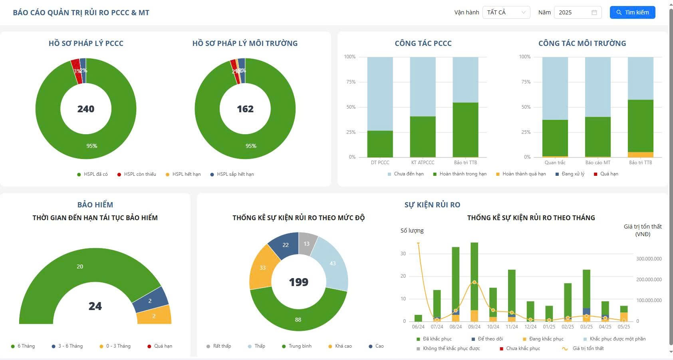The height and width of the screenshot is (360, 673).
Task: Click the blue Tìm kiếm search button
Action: tap(632, 12)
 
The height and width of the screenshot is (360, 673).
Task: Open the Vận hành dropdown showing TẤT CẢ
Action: tap(506, 12)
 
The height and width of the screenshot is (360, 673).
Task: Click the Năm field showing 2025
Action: tap(577, 12)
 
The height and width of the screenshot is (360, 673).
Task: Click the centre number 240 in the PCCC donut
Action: tap(86, 109)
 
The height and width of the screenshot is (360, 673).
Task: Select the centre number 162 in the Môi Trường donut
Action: tap(245, 109)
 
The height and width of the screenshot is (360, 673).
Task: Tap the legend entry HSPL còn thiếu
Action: tap(137, 174)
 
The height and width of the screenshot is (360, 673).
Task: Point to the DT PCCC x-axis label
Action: tap(380, 163)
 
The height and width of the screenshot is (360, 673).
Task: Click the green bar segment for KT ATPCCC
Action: tap(423, 137)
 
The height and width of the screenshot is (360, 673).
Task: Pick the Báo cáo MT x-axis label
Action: tap(598, 163)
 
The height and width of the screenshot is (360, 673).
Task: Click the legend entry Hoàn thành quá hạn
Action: tap(521, 174)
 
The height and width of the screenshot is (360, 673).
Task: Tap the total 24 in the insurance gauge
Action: tap(95, 306)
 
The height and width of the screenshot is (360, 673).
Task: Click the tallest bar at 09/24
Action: tap(474, 276)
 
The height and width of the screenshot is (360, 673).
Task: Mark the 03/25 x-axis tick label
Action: tap(586, 327)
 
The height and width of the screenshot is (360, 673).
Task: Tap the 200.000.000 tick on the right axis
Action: tap(649, 280)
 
